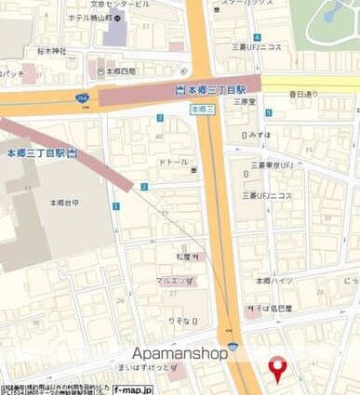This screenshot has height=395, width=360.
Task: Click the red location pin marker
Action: pos(276,369)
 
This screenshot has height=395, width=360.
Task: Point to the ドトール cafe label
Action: pos(173,162)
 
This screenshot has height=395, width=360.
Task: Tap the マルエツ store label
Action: pos(175,280)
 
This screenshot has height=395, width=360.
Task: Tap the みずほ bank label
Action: pos(260,134)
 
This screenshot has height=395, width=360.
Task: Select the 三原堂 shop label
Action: pos(245,102)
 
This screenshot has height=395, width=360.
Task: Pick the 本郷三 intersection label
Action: pos(202,109)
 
